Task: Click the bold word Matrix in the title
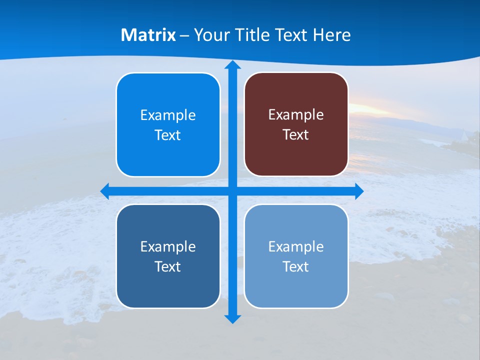tap(148, 35)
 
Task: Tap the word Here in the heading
tap(331, 35)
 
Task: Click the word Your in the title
tap(210, 35)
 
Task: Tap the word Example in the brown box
tap(296, 114)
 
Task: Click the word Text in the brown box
tap(296, 134)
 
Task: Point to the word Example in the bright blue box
tap(168, 115)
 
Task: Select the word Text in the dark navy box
tap(168, 266)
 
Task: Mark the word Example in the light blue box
tap(296, 246)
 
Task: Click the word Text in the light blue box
tap(296, 266)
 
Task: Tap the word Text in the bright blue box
tap(168, 135)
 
